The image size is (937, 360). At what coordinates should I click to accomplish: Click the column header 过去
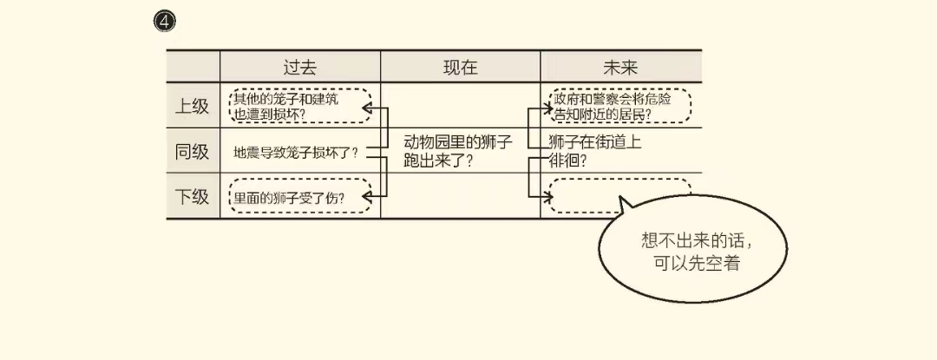click(x=299, y=67)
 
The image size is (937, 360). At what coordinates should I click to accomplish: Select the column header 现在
click(x=460, y=67)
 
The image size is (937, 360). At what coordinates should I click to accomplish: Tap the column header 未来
click(x=620, y=67)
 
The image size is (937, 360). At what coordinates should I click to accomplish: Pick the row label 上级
click(x=193, y=107)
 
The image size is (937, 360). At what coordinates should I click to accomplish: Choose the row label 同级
click(x=193, y=152)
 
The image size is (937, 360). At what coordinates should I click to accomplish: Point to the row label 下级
click(x=193, y=197)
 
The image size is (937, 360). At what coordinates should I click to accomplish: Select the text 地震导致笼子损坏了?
click(x=296, y=153)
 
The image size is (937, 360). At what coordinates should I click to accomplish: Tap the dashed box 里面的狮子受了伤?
click(x=299, y=196)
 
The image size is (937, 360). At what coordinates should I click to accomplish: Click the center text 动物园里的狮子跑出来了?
click(x=458, y=151)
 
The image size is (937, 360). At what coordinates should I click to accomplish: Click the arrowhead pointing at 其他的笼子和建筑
click(x=366, y=108)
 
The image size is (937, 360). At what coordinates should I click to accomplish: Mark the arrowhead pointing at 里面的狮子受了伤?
click(x=366, y=198)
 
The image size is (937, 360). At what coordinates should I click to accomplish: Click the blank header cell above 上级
click(x=193, y=67)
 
